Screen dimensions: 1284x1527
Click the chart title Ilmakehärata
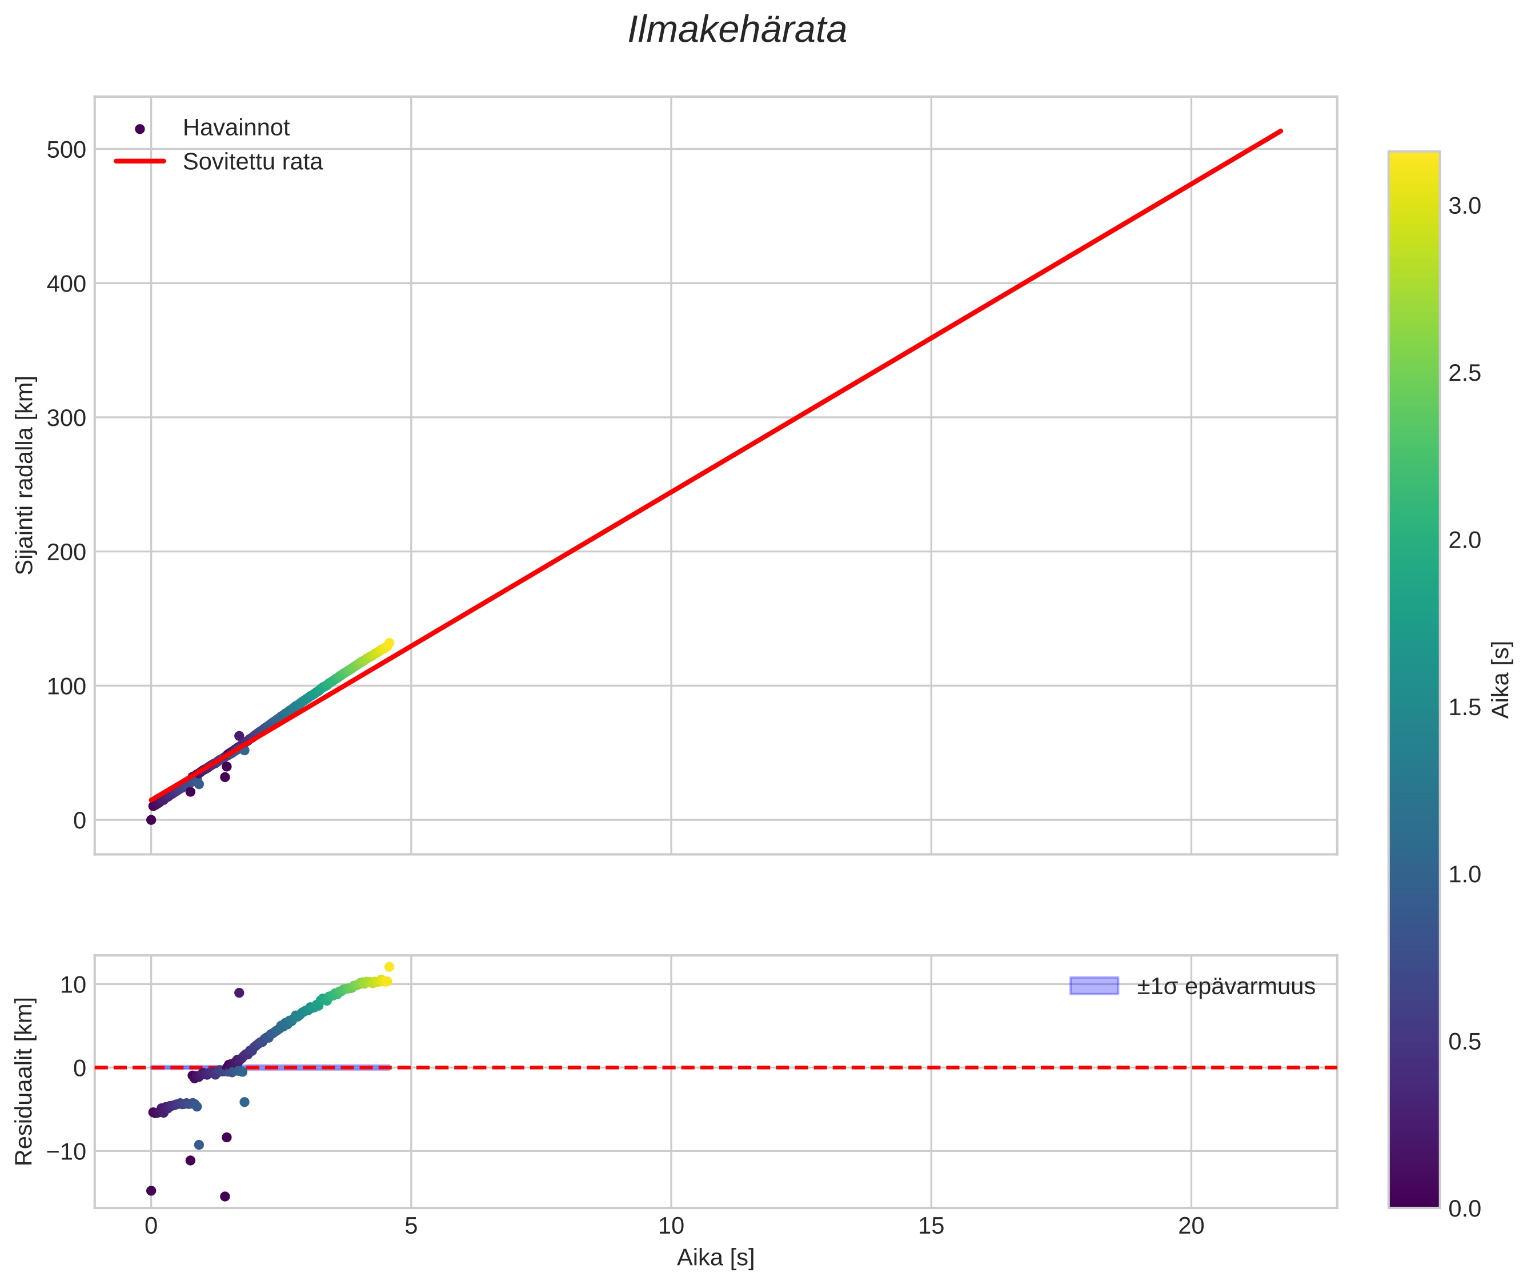click(737, 30)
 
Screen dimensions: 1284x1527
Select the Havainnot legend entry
click(236, 128)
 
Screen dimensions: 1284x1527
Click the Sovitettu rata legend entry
click(253, 162)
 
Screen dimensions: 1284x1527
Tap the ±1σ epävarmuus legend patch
click(1093, 986)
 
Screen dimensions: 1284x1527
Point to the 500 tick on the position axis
click(66, 150)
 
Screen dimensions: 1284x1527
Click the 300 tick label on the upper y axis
click(66, 418)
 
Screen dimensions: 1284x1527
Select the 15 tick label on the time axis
click(931, 1226)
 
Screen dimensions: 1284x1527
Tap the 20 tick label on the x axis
click(1191, 1226)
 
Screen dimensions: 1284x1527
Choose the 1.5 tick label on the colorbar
click(1464, 708)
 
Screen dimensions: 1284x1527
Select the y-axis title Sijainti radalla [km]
click(26, 475)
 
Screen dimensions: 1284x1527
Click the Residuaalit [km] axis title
click(26, 1082)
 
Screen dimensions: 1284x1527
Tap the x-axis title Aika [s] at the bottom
click(715, 1258)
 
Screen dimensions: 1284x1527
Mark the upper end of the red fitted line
click(1280, 131)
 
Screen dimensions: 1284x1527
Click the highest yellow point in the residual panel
click(389, 967)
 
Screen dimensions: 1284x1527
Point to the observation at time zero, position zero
click(151, 820)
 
